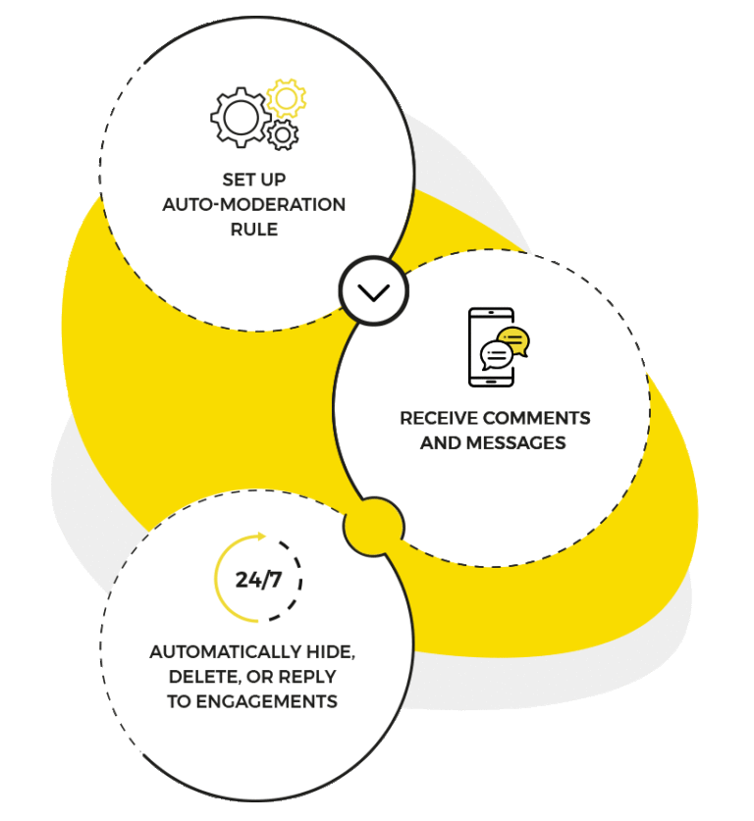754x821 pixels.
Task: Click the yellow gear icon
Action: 286,98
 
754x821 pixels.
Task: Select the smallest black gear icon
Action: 283,133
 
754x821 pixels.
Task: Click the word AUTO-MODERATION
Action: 254,205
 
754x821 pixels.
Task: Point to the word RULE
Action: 254,230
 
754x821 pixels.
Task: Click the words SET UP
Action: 254,180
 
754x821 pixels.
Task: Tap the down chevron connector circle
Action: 373,291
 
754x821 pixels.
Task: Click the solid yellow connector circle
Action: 373,527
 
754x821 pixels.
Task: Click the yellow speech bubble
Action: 513,340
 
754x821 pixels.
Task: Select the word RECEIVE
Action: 439,418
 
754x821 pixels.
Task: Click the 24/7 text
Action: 258,580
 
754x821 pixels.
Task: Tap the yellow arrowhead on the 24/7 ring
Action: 261,536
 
